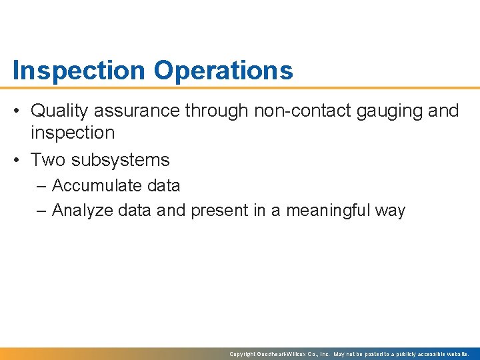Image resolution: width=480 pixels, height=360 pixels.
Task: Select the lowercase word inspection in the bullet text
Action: pos(73,133)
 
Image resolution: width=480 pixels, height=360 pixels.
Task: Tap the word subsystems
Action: pos(121,161)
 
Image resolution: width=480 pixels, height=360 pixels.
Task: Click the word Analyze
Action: pos(83,211)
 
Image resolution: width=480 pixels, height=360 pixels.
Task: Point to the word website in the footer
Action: pos(457,354)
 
